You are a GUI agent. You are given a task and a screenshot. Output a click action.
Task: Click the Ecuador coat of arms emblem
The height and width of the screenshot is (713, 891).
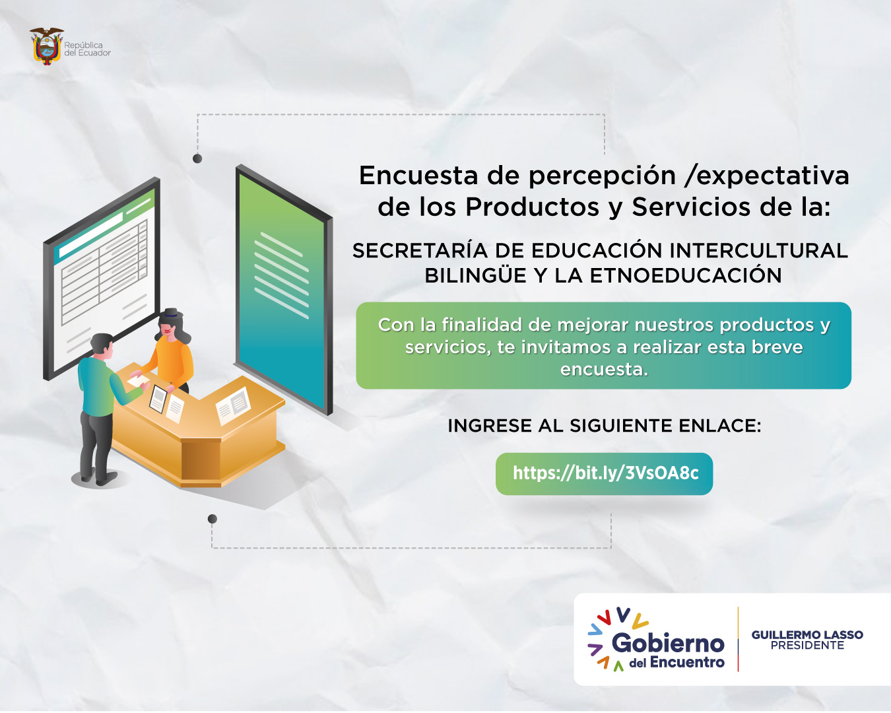coord(46,46)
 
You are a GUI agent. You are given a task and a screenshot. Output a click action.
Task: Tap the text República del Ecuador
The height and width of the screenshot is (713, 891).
coord(87,49)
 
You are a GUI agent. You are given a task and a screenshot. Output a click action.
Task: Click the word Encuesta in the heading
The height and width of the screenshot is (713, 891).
coord(418,176)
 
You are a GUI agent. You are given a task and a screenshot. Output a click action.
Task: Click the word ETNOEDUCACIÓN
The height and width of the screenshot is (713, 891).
coord(685,275)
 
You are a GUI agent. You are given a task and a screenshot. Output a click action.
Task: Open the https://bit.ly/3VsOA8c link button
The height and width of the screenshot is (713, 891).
coord(604,473)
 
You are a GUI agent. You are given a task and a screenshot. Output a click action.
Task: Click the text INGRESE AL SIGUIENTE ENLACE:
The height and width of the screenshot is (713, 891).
coord(605,425)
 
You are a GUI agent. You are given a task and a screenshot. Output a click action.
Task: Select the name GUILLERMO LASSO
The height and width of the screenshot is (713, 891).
coord(807,634)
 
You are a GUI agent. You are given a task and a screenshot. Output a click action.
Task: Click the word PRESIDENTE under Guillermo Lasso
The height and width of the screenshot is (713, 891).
coord(807,646)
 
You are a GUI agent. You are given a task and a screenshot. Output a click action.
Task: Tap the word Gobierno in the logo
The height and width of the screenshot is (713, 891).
coord(668,643)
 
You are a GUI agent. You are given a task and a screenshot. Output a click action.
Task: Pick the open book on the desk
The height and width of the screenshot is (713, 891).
coord(233,405)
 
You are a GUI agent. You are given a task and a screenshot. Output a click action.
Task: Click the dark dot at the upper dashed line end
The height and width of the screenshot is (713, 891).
coord(197,158)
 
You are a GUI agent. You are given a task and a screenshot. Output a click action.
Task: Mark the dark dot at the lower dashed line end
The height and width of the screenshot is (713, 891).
coord(213,519)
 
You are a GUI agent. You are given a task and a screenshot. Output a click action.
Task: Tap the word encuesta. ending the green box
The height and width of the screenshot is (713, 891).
coord(604,370)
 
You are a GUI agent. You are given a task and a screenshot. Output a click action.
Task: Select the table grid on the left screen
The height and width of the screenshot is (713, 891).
coord(104,273)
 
